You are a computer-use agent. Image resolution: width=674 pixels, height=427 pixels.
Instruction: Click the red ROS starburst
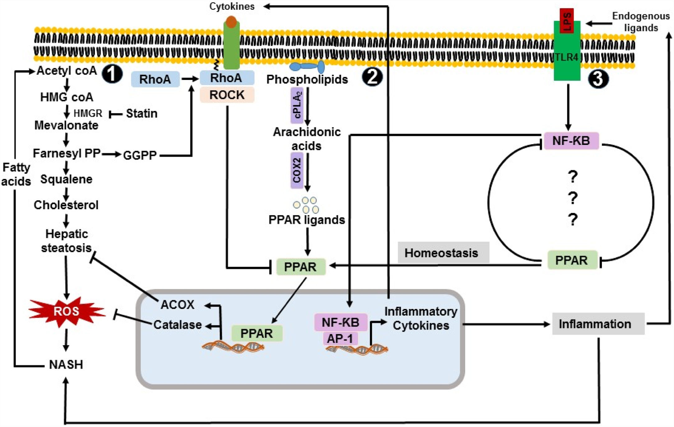pyautogui.click(x=66, y=311)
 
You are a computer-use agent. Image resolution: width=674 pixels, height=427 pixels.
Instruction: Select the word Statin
pyautogui.click(x=142, y=114)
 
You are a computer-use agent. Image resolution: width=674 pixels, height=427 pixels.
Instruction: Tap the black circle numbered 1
pyautogui.click(x=112, y=74)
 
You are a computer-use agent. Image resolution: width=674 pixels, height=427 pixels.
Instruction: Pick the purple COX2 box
pyautogui.click(x=297, y=170)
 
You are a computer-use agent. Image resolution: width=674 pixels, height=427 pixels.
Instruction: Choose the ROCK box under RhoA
pyautogui.click(x=227, y=95)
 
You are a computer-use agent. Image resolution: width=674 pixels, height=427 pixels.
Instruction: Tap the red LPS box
pyautogui.click(x=567, y=21)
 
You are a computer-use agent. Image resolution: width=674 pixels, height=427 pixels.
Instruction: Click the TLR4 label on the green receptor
pyautogui.click(x=567, y=57)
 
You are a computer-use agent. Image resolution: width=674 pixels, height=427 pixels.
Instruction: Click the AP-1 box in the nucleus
pyautogui.click(x=340, y=338)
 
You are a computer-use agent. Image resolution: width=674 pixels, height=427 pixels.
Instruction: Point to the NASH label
pyautogui.click(x=66, y=364)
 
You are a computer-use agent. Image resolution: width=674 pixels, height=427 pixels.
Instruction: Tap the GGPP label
pyautogui.click(x=140, y=155)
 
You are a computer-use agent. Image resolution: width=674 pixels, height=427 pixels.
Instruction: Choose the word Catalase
pyautogui.click(x=178, y=325)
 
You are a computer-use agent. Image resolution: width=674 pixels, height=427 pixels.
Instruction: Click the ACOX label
pyautogui.click(x=177, y=304)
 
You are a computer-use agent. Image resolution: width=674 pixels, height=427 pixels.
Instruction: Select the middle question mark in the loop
pyautogui.click(x=572, y=198)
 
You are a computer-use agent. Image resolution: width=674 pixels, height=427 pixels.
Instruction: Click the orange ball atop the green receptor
pyautogui.click(x=231, y=21)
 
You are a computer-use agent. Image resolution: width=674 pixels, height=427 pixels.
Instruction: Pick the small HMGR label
pyautogui.click(x=88, y=113)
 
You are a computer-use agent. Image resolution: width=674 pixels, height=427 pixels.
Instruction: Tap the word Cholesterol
pyautogui.click(x=66, y=205)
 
